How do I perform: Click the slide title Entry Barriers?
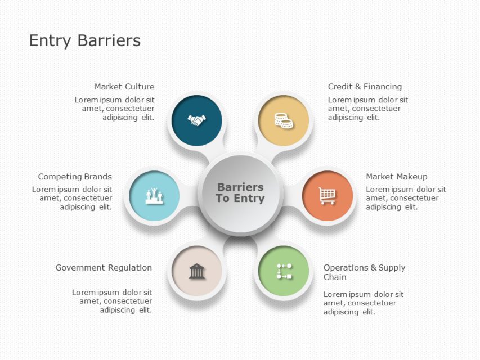(84, 40)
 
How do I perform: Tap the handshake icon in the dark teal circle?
(196, 120)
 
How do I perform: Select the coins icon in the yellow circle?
(283, 120)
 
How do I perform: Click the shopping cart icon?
(327, 195)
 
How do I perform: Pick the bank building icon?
(196, 271)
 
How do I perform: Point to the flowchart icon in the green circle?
(284, 271)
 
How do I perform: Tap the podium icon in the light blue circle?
(154, 196)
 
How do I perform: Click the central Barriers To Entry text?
(240, 192)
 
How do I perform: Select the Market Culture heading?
(124, 87)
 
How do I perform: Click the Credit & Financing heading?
(365, 87)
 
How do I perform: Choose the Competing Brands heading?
(75, 177)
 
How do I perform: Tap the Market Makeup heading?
(396, 177)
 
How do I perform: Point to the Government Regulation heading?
(104, 268)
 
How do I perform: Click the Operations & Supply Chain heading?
(364, 272)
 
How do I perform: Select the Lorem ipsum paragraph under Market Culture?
(115, 109)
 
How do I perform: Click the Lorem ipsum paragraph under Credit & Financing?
(367, 109)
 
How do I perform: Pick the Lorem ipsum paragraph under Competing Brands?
(72, 198)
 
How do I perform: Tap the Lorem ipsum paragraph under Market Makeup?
(406, 198)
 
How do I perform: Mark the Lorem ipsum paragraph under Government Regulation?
(112, 301)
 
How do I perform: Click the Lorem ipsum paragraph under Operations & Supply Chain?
(363, 303)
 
